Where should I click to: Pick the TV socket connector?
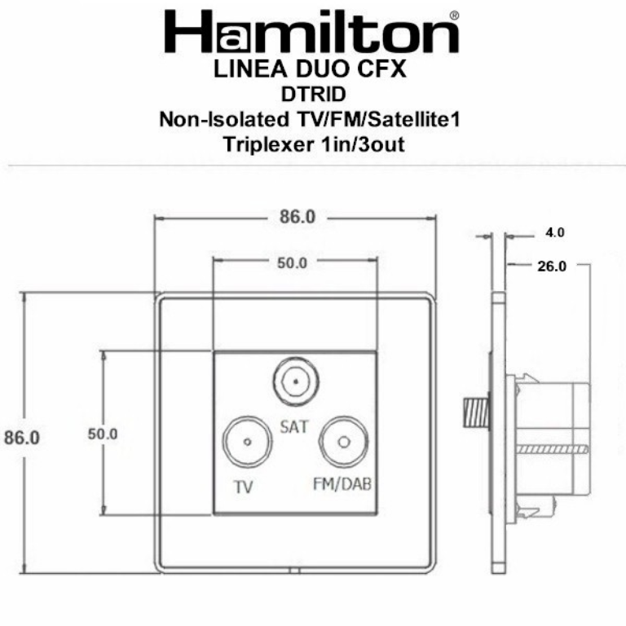pyautogui.click(x=245, y=443)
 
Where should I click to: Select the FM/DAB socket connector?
pyautogui.click(x=343, y=443)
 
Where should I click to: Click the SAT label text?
pyautogui.click(x=294, y=425)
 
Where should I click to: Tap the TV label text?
pyautogui.click(x=243, y=487)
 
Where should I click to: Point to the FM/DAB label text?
pyautogui.click(x=342, y=484)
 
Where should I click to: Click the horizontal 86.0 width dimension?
pyautogui.click(x=293, y=218)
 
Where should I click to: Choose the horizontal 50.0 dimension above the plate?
pyautogui.click(x=292, y=262)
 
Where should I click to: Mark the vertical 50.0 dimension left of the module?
pyautogui.click(x=103, y=434)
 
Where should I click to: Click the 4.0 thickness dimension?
pyautogui.click(x=554, y=233)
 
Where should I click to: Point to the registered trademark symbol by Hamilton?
pyautogui.click(x=453, y=15)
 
